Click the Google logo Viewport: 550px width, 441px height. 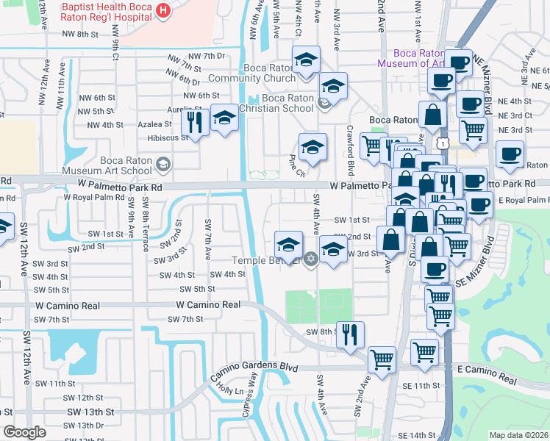click(x=24, y=432)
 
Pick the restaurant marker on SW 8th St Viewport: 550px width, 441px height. click(x=350, y=334)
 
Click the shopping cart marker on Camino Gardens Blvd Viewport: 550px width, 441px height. click(x=382, y=359)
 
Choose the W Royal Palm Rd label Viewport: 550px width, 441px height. click(x=93, y=197)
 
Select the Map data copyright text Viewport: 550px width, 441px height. click(x=518, y=435)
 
